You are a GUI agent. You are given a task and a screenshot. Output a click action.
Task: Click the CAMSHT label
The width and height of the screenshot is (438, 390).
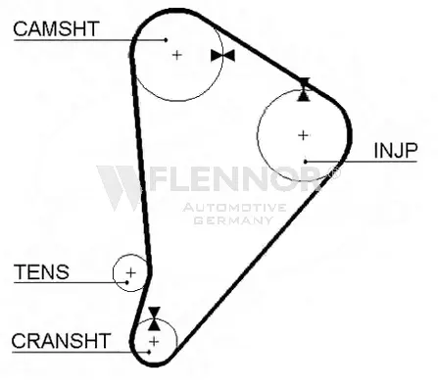point(56,28)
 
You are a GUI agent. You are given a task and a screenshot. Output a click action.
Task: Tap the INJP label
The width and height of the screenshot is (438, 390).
point(396,151)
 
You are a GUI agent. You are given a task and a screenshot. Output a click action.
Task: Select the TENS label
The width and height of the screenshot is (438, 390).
point(41,271)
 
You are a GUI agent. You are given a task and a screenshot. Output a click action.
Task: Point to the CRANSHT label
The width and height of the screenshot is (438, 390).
point(61,341)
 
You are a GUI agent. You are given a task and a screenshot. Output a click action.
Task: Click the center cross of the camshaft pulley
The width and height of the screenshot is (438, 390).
point(176,55)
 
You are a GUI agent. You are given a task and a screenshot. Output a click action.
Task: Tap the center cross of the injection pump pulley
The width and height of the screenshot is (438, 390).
point(304,135)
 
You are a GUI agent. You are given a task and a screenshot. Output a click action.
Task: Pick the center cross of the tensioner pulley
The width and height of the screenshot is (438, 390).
point(130,272)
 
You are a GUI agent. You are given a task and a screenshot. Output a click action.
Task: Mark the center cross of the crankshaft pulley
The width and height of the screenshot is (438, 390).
point(154,342)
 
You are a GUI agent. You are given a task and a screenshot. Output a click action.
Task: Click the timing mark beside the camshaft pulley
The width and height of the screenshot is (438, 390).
point(222,56)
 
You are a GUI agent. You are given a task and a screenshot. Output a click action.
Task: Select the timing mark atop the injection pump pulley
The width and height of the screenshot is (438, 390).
point(304,89)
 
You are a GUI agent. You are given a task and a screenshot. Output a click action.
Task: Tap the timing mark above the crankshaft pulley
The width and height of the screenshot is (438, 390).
point(154,318)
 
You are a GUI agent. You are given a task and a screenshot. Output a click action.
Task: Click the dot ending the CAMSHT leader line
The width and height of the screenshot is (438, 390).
point(166,40)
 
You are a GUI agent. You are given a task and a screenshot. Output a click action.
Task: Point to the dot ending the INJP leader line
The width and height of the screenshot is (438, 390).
point(306,162)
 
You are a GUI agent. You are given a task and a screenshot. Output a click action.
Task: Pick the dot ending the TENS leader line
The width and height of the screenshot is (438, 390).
point(127,282)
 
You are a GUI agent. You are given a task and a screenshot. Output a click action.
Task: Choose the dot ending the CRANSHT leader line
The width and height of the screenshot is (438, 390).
point(149,352)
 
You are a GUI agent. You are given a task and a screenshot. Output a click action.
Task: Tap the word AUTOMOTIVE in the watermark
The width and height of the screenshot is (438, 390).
point(234,207)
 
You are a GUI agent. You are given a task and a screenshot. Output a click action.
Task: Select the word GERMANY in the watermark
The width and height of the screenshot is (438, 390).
point(233,219)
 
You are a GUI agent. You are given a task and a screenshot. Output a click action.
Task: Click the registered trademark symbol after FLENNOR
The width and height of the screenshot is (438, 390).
point(334,172)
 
